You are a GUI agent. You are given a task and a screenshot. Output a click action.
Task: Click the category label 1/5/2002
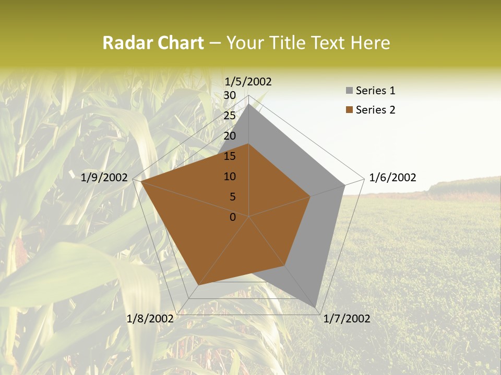click(248, 81)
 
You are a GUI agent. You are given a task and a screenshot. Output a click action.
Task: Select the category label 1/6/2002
click(392, 178)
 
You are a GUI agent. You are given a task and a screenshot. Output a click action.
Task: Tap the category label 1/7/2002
click(347, 319)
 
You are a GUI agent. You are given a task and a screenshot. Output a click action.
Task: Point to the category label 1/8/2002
click(150, 319)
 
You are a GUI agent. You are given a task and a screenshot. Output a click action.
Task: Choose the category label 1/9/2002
click(104, 178)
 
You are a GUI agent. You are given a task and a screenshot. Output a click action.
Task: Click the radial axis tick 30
click(230, 95)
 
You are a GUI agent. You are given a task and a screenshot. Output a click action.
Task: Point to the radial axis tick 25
click(230, 116)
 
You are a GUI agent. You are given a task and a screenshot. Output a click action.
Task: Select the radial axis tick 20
click(230, 136)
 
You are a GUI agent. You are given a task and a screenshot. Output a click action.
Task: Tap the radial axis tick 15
click(230, 156)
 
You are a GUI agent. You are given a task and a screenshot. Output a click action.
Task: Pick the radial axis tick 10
click(230, 177)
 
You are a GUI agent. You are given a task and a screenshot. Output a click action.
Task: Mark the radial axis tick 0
click(233, 217)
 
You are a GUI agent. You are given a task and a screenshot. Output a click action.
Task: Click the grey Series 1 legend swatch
click(349, 91)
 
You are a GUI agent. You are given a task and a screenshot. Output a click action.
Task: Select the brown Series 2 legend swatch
click(349, 110)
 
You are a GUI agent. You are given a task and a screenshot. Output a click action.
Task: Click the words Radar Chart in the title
click(153, 43)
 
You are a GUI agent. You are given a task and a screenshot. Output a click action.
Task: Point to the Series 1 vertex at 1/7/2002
click(316, 307)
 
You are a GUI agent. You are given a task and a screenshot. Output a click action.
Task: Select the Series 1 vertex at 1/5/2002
click(249, 104)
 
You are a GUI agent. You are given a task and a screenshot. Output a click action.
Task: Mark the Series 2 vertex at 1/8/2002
click(198, 285)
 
